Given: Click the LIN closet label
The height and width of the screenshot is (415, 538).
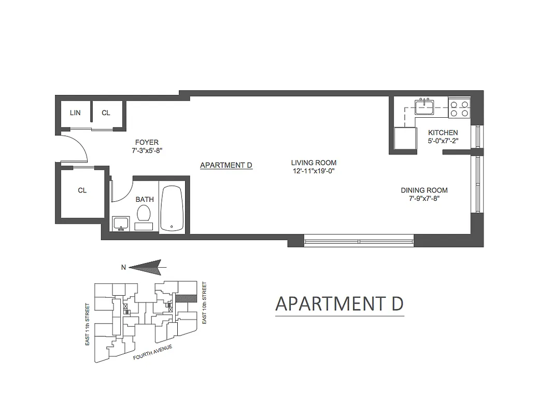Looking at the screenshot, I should pos(75,113).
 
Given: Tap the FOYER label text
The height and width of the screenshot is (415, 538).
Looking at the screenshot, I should pos(147,142).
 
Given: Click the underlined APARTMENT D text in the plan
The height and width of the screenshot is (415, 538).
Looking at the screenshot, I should pos(226,165).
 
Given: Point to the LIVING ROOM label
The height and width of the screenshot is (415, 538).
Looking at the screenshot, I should pos(314,162).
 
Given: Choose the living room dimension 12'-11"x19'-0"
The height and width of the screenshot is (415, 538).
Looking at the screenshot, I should pos(314,171).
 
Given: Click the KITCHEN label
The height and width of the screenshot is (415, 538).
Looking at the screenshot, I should pos(443,133).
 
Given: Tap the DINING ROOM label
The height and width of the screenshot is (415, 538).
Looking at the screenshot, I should pos(424,190).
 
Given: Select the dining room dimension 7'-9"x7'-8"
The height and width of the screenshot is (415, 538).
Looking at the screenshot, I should pos(424,199).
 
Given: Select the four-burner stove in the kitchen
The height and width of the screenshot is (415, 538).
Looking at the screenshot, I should pos(459,108).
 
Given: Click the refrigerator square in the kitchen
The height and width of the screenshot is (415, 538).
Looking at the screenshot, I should pos(405,139).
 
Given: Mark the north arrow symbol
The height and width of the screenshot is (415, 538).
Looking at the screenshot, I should pos(147,267).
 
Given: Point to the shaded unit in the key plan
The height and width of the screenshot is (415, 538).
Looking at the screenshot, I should pos(185,298).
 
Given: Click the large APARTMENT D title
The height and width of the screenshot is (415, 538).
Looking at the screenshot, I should pos(339,304).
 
